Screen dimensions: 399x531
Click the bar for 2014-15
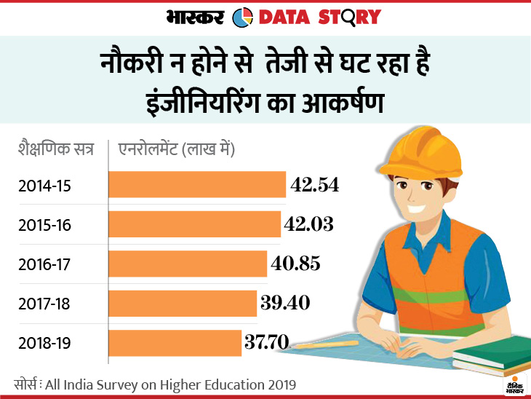tap(196, 185)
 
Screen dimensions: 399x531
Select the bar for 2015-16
tap(194, 224)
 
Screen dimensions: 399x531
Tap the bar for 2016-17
tap(188, 264)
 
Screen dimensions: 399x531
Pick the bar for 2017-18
tap(183, 303)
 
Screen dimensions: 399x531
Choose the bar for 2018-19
tap(175, 342)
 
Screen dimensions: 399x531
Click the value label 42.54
tap(315, 185)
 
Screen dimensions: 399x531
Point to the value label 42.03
tap(309, 224)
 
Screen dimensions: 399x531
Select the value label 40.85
tap(295, 264)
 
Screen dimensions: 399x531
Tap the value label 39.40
tap(285, 303)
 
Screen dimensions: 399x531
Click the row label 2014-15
tap(44, 186)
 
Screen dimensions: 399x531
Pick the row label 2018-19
tap(45, 343)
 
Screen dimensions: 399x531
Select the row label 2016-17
tap(45, 264)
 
